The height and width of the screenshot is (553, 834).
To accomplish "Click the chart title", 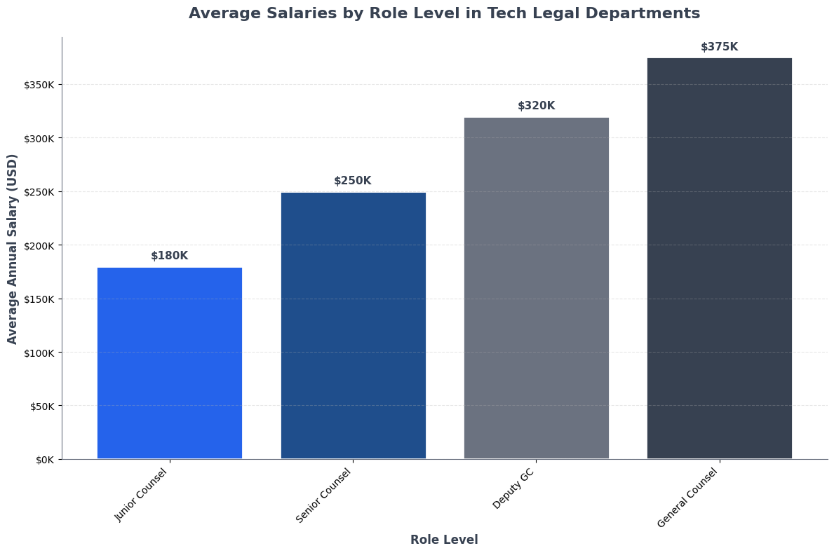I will click(x=444, y=13).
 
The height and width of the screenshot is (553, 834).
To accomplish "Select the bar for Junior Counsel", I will click(x=170, y=363).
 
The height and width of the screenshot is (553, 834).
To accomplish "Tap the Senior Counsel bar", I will click(x=353, y=325).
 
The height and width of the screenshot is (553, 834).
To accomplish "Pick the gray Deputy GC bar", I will click(x=537, y=288).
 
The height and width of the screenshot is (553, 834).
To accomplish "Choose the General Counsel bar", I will click(x=720, y=259).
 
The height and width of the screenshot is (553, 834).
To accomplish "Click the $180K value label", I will click(x=170, y=256).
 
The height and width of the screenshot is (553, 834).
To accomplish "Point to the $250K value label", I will click(x=353, y=181).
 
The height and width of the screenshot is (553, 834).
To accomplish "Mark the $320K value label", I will click(x=537, y=106).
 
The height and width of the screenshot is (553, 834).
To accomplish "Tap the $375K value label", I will click(x=720, y=47).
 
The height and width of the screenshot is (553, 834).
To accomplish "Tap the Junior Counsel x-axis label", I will click(x=142, y=495).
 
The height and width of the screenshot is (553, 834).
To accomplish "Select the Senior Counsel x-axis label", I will click(x=324, y=496).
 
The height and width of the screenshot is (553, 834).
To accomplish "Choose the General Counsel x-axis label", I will click(x=689, y=498).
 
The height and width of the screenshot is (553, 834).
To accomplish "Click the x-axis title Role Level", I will click(x=444, y=540).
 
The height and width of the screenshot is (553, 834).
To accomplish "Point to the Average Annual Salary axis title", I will click(x=13, y=248).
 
